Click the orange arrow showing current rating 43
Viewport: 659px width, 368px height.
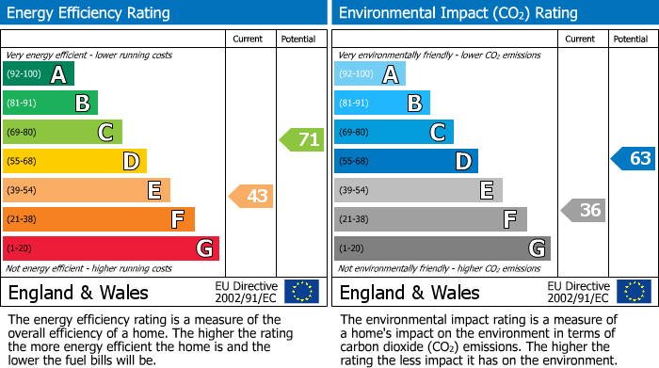tap(251, 197)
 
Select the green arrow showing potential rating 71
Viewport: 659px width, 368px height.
tap(301, 140)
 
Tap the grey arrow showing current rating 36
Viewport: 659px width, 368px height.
tap(583, 210)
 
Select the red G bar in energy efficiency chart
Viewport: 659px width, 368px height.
tap(110, 248)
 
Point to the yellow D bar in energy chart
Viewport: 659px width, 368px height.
tap(74, 162)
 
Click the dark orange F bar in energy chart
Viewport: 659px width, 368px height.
tap(99, 220)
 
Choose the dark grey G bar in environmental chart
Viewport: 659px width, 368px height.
tap(442, 248)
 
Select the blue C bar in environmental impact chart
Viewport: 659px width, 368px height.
tap(394, 133)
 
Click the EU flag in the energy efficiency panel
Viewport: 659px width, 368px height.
tap(301, 292)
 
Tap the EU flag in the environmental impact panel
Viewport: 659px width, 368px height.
tap(633, 292)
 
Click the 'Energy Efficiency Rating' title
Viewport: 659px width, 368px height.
tap(89, 13)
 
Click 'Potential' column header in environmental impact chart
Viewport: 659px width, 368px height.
tap(630, 39)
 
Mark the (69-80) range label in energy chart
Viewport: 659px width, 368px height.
tap(22, 133)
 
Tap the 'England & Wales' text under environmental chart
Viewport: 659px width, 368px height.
tap(410, 292)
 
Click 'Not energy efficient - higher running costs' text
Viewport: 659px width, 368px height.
tap(89, 268)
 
